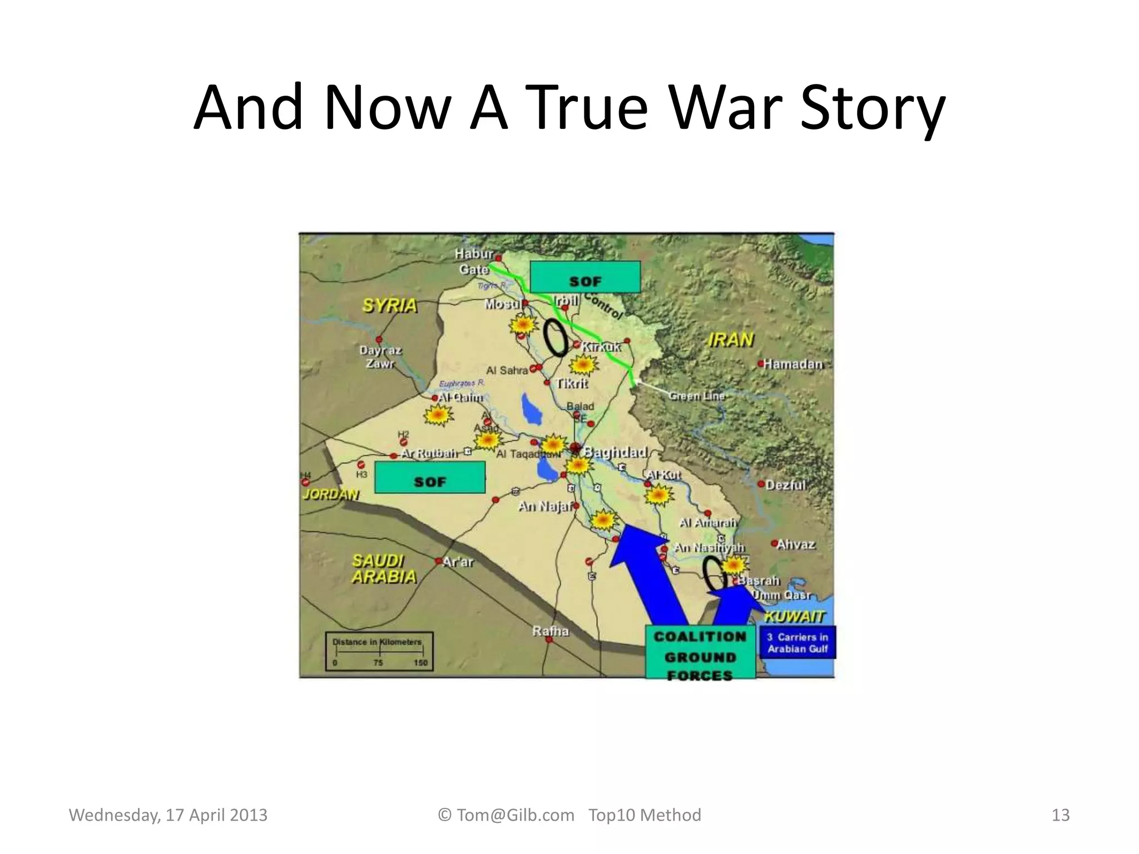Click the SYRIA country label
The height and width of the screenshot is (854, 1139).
pyautogui.click(x=389, y=306)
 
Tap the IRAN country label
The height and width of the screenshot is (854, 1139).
pyautogui.click(x=731, y=340)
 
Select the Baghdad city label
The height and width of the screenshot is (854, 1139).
pyautogui.click(x=615, y=452)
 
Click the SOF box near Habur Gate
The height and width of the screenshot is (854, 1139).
pyautogui.click(x=585, y=277)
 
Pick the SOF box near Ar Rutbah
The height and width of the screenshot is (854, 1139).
pyautogui.click(x=430, y=478)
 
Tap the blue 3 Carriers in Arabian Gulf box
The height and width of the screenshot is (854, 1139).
pyautogui.click(x=798, y=643)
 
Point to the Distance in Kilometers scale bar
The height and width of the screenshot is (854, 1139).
pyautogui.click(x=379, y=652)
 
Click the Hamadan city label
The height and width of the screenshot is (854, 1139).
pyautogui.click(x=792, y=364)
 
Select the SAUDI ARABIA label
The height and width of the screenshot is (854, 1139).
pyautogui.click(x=384, y=569)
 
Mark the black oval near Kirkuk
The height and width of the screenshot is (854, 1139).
pyautogui.click(x=555, y=337)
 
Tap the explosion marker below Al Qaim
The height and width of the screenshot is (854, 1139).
pyautogui.click(x=438, y=415)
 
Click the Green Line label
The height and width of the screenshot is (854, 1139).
pyautogui.click(x=697, y=396)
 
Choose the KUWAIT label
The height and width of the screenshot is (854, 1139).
pyautogui.click(x=794, y=616)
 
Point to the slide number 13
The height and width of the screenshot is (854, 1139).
pyautogui.click(x=1061, y=815)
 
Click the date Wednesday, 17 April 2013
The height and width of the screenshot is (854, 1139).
pyautogui.click(x=168, y=815)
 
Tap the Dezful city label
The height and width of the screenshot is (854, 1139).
pyautogui.click(x=785, y=485)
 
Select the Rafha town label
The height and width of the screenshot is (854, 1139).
pyautogui.click(x=551, y=631)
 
